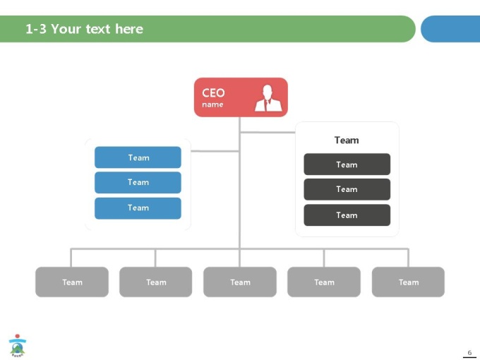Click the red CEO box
[241, 97]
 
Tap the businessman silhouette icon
[268, 98]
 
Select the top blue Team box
[138, 157]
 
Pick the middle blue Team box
[138, 182]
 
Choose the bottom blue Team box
[138, 208]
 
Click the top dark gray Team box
[347, 164]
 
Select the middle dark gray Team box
[347, 189]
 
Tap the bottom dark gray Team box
[347, 215]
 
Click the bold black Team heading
[347, 140]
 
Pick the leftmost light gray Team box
[72, 282]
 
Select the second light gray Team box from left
[156, 282]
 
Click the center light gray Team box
[240, 282]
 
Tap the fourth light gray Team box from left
[324, 282]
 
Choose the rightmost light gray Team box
[408, 282]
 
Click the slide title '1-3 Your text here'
[84, 29]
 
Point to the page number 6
[469, 353]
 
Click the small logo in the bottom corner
[18, 346]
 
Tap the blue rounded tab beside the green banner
[450, 29]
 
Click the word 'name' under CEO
[212, 104]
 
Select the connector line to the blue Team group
[215, 151]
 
